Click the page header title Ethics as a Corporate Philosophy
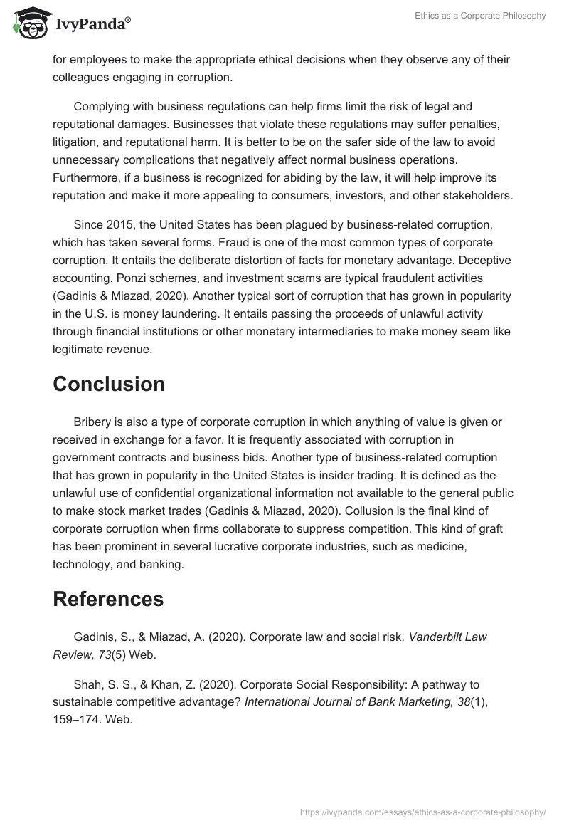tap(480, 16)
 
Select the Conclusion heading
tap(109, 384)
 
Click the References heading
tap(108, 599)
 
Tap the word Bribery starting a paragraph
tap(92, 422)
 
